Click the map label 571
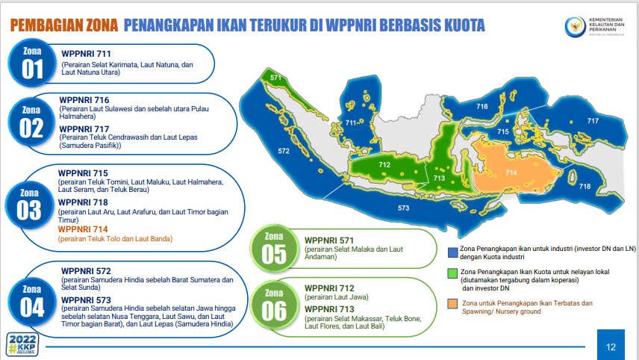click(x=275, y=78)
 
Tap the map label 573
click(x=403, y=208)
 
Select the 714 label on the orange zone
click(x=511, y=172)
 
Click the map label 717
click(x=593, y=121)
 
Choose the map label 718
click(x=585, y=186)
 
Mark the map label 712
click(x=384, y=164)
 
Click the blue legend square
click(x=452, y=252)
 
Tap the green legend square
click(x=452, y=272)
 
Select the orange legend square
click(x=452, y=303)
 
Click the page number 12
click(x=611, y=346)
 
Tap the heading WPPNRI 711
click(x=86, y=55)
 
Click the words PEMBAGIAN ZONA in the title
click(x=64, y=26)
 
